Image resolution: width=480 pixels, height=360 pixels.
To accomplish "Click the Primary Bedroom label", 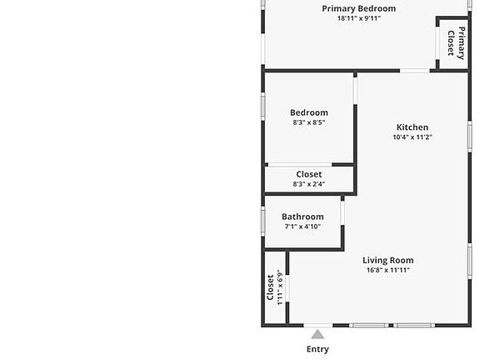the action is tap(359, 8).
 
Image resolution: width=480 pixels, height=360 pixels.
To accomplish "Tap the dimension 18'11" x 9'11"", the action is tap(359, 18).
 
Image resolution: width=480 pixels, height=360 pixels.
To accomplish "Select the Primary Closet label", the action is tap(456, 43).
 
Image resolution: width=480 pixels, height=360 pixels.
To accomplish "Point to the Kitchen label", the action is tap(412, 127).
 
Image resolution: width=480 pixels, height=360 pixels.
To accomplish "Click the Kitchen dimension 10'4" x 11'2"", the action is tap(412, 137).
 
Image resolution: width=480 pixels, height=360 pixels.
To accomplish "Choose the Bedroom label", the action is tap(309, 112).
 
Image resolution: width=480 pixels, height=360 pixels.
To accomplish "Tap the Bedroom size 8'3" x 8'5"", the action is tap(309, 122).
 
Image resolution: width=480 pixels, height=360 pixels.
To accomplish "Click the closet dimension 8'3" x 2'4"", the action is tap(309, 184).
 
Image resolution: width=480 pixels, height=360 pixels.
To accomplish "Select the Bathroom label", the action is tap(302, 217).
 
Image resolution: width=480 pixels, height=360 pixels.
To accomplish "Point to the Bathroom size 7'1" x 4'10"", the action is tap(302, 227).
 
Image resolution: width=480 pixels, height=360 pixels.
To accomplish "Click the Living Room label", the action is tap(388, 260).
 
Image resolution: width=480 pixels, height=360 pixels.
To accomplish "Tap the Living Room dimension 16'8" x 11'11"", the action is tap(388, 270).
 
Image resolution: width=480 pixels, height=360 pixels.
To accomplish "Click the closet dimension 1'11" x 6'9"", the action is tap(280, 287).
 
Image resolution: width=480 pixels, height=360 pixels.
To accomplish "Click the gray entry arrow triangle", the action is tap(317, 334).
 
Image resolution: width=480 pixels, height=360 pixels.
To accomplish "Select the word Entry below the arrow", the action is tap(317, 349).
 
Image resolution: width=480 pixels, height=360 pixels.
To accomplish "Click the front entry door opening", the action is tap(318, 325).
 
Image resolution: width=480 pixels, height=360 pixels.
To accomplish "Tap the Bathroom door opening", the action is tap(342, 213).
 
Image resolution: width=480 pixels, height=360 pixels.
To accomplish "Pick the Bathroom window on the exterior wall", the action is tap(263, 222).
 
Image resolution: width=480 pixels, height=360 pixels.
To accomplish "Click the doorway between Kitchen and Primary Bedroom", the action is tap(415, 71).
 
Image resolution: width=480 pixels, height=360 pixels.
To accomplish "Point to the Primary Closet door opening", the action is tap(437, 42).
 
